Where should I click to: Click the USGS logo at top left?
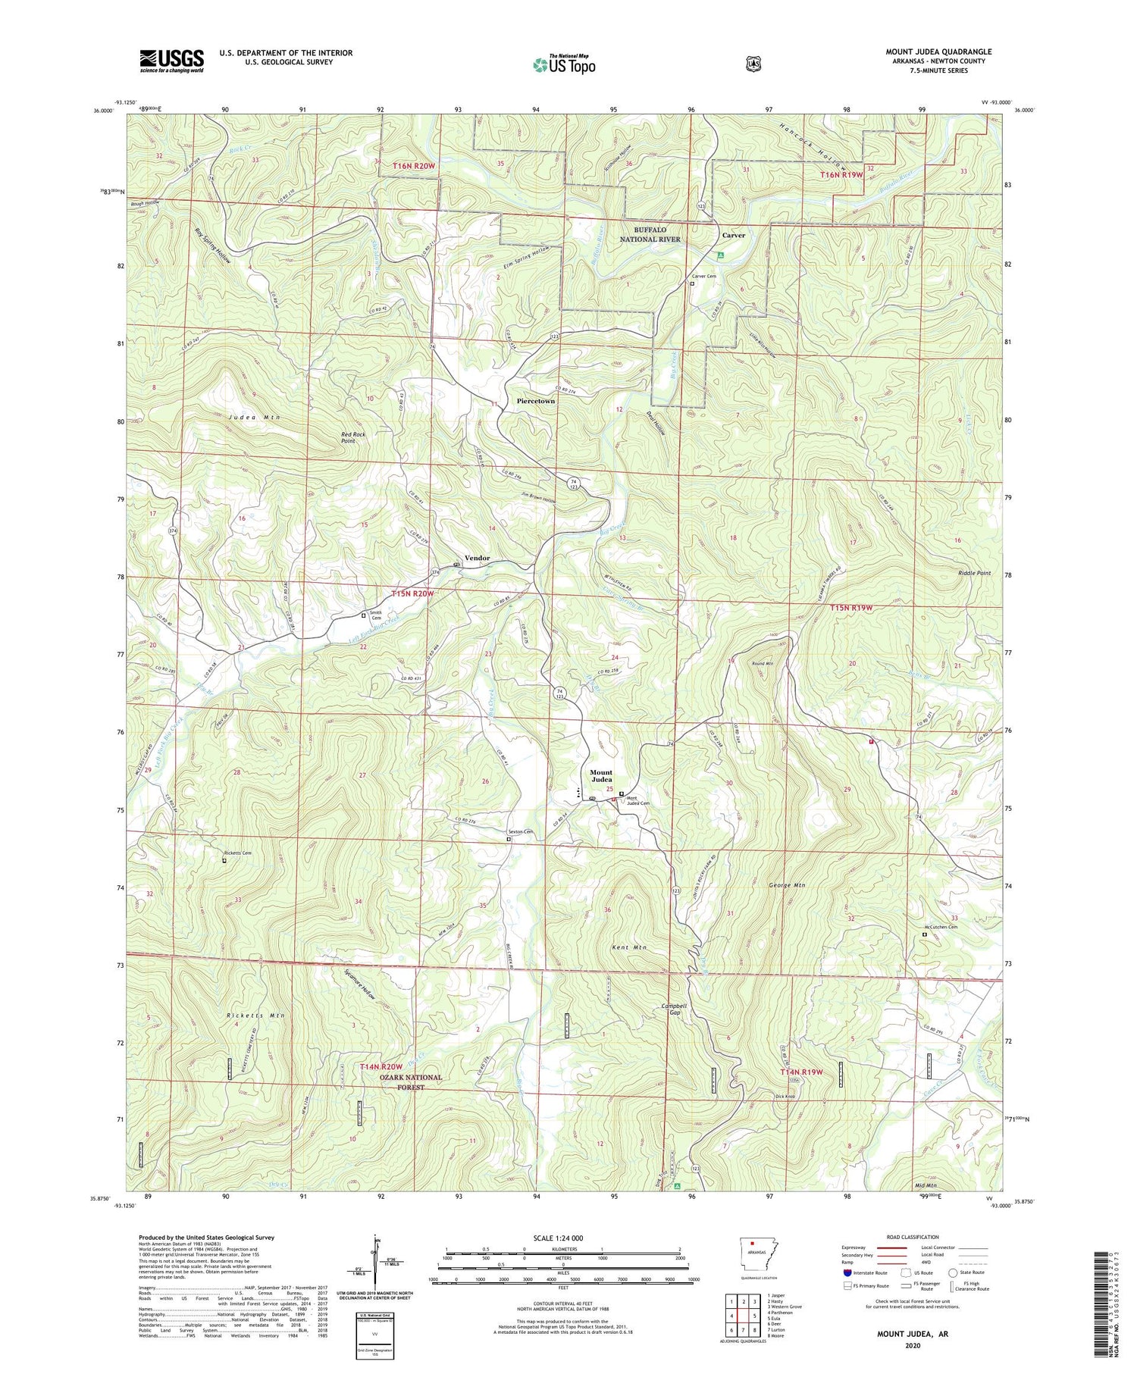coord(171,60)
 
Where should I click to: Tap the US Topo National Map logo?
coord(564,64)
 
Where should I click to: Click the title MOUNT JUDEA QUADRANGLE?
coord(938,52)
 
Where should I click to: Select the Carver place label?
coord(733,235)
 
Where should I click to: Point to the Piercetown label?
coord(535,401)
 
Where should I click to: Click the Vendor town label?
coord(477,558)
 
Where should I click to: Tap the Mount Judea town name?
coord(601,777)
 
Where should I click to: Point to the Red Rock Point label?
coord(353,437)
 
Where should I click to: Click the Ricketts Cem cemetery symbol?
coord(224,860)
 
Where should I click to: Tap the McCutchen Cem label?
coord(941,927)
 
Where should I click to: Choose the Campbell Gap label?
coord(674,1009)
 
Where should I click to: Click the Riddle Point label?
coord(974,573)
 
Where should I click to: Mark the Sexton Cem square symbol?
coord(509,839)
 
